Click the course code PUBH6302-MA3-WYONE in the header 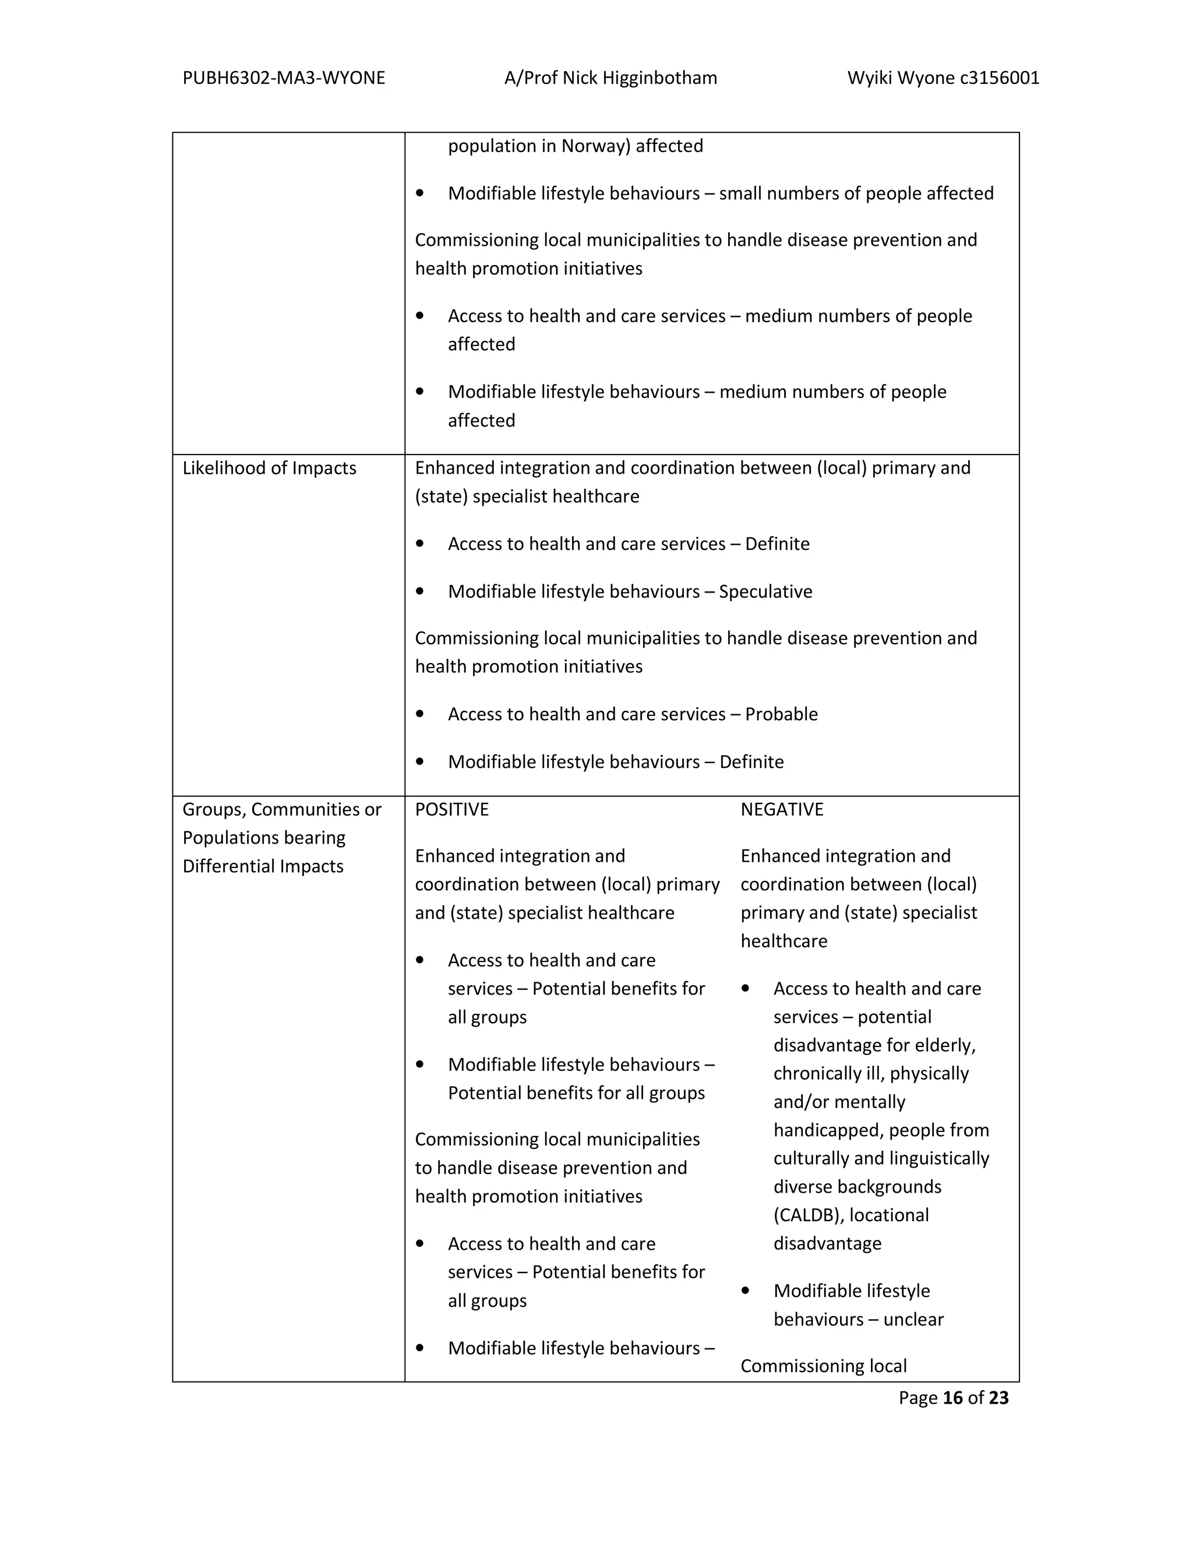[284, 77]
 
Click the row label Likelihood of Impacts [269, 468]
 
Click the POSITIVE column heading [451, 809]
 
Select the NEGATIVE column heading [782, 809]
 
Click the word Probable [781, 714]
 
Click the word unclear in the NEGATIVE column [913, 1319]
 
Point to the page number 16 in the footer [952, 1398]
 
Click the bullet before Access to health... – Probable [420, 714]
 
